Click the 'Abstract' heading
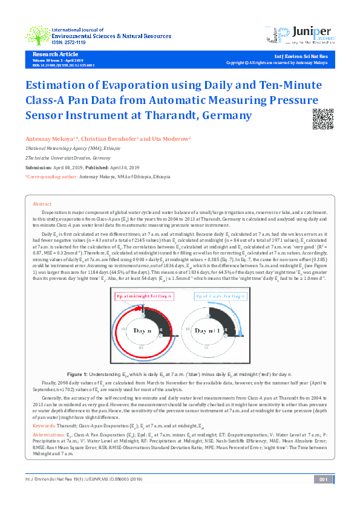[x=42, y=204]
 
